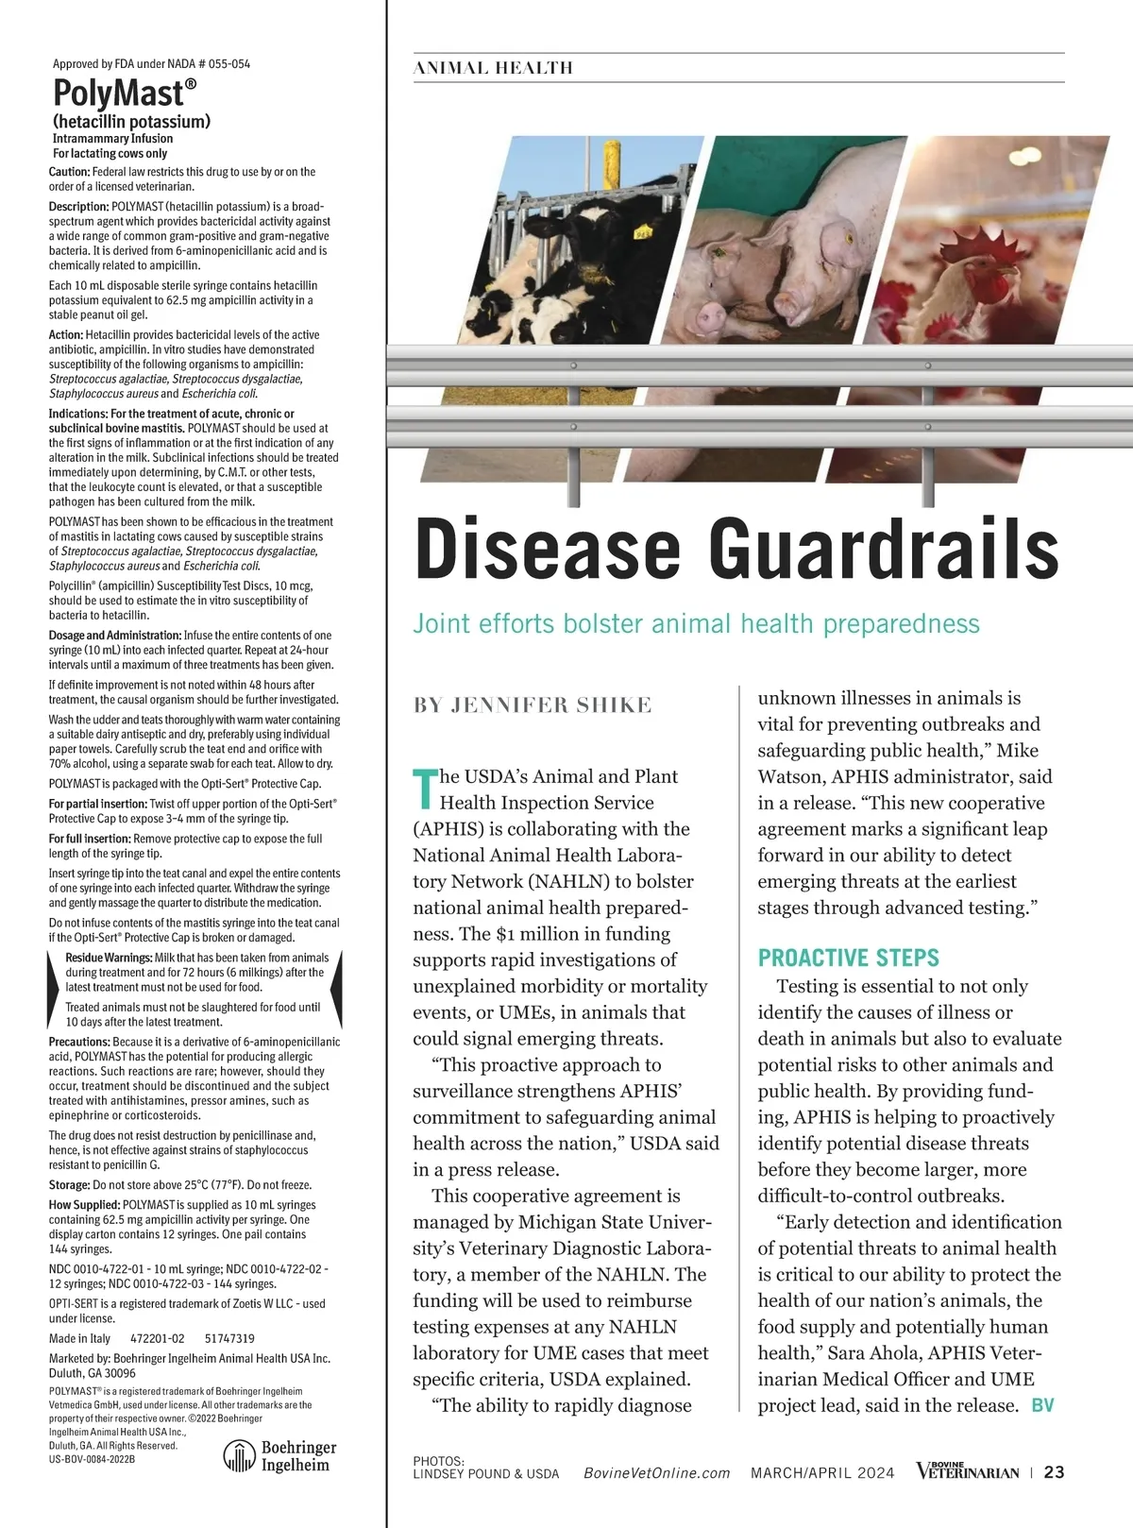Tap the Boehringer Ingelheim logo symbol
239,1456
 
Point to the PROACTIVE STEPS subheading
848,958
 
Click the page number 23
1055,1471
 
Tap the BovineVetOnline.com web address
657,1473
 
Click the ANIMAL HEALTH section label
493,68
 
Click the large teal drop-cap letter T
425,789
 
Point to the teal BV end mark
1042,1405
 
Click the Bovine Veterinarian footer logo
967,1471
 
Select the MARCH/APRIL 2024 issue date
822,1473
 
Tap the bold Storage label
69,1184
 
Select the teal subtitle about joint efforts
696,624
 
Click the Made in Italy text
79,1338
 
